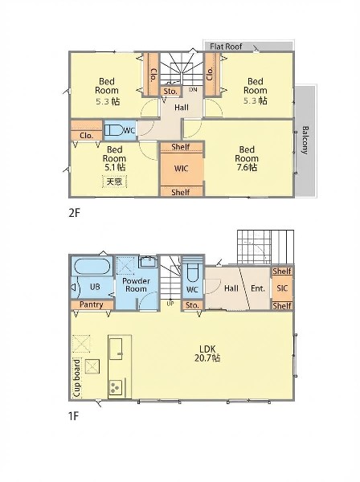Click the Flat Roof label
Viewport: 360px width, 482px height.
click(x=226, y=47)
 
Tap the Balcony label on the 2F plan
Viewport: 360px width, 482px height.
click(x=305, y=140)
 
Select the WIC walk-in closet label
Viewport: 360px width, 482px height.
click(x=181, y=169)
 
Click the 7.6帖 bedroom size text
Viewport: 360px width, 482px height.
click(x=246, y=168)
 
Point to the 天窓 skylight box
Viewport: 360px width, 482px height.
click(x=114, y=182)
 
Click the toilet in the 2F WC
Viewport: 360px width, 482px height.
click(x=113, y=130)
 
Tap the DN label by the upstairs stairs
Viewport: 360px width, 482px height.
click(x=193, y=90)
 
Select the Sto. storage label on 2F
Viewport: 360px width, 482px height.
click(x=170, y=92)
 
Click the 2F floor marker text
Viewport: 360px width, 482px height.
click(x=74, y=213)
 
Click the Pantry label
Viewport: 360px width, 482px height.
click(x=92, y=304)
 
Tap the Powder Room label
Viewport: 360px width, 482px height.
click(x=136, y=285)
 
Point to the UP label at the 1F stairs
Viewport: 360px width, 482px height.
click(x=170, y=304)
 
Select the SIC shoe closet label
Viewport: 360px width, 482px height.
click(x=282, y=288)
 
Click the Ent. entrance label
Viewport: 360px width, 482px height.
click(x=258, y=288)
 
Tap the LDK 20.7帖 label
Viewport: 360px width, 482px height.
click(x=207, y=353)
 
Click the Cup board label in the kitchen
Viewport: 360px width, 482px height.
click(x=76, y=378)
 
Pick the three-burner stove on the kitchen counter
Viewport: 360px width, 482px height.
click(x=116, y=388)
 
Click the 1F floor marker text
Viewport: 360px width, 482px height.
click(x=73, y=416)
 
